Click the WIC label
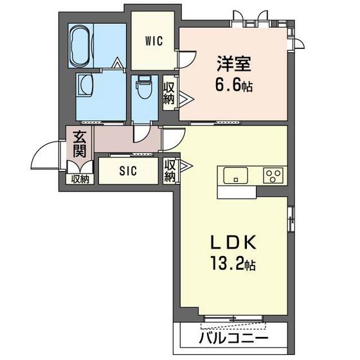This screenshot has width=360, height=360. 154,41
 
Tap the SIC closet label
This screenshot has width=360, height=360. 128,171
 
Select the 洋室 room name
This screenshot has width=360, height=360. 234,64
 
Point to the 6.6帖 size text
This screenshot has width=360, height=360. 234,86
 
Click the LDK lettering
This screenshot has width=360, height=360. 233,242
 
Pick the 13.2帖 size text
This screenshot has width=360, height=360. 233,264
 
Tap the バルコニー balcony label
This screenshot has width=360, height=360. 233,338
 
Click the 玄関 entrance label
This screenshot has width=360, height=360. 80,144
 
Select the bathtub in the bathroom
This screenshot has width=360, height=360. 80,46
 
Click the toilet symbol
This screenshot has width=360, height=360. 144,87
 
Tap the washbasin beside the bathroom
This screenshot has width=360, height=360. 85,84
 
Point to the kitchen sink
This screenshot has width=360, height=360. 235,175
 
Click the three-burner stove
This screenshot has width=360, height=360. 273,175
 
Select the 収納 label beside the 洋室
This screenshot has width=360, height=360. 168,93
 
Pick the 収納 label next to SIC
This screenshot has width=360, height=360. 170,171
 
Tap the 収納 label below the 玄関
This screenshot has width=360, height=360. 80,179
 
